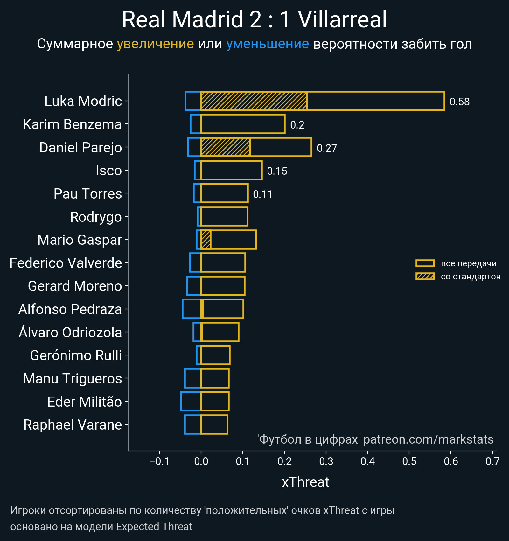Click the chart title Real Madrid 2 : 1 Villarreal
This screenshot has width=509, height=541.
[x=254, y=20]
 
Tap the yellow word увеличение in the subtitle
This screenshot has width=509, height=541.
[x=155, y=44]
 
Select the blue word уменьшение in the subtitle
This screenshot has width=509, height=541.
[x=267, y=44]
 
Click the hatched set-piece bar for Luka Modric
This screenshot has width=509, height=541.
[x=254, y=101]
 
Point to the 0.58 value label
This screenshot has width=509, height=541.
[x=459, y=102]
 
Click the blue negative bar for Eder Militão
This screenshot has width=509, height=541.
[x=191, y=401]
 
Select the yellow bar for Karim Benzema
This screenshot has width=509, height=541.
[x=243, y=124]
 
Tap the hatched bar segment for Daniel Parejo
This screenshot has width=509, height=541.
[x=225, y=147]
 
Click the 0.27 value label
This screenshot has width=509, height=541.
[x=327, y=148]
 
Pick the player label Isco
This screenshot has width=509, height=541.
[x=109, y=171]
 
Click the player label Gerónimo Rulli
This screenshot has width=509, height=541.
[x=76, y=355]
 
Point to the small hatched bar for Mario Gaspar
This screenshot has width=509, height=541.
[x=206, y=240]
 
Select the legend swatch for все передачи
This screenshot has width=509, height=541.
[x=425, y=263]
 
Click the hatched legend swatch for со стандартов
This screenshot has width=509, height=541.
[x=425, y=277]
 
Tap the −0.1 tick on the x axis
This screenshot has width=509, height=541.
[x=159, y=461]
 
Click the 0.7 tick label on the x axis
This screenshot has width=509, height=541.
[x=492, y=461]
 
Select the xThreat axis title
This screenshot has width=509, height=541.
[x=305, y=482]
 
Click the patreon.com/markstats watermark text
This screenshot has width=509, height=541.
[x=428, y=439]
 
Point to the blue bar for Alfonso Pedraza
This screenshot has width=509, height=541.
[x=192, y=309]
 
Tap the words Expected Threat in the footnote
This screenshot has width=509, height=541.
[x=154, y=527]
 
